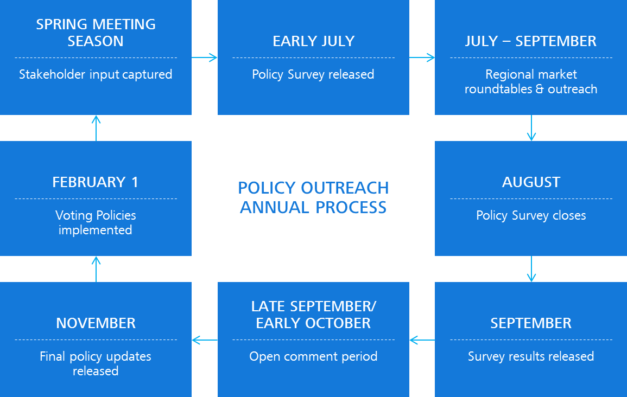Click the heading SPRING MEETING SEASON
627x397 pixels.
click(x=96, y=33)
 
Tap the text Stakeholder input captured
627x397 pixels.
click(x=96, y=75)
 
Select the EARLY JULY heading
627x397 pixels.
click(x=314, y=41)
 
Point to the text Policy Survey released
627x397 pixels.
click(x=313, y=75)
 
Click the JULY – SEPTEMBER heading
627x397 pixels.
click(x=530, y=41)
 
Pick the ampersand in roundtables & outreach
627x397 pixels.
click(x=540, y=89)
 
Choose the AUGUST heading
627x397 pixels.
click(x=531, y=182)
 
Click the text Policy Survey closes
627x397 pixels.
click(x=531, y=216)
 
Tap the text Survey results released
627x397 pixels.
click(x=531, y=357)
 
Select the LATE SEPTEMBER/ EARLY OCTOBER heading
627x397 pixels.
click(x=314, y=315)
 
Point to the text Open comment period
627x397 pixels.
click(x=314, y=357)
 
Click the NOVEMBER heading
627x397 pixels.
click(x=96, y=323)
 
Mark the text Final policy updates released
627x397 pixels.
click(x=96, y=364)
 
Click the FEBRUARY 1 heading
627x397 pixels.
click(x=95, y=182)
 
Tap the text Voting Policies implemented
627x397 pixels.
click(x=96, y=223)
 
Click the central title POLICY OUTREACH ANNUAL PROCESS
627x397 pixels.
click(x=314, y=198)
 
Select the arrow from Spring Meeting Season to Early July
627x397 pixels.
click(x=204, y=57)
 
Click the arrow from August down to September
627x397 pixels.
click(x=531, y=269)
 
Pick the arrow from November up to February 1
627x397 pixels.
click(x=96, y=269)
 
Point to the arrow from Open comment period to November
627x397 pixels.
click(x=205, y=340)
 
